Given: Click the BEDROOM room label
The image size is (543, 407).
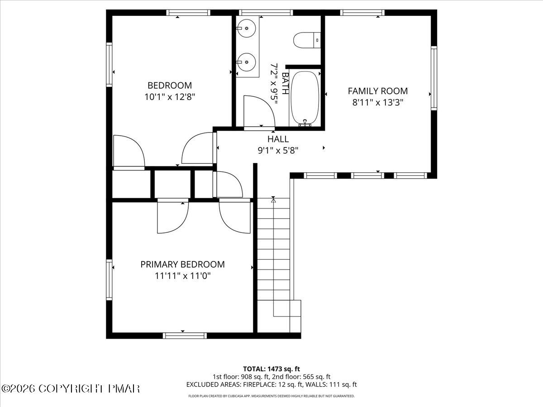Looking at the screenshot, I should pos(170,85).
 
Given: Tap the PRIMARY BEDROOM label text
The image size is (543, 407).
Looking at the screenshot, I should pos(182,265).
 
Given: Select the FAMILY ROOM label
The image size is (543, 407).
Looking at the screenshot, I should pos(377,91).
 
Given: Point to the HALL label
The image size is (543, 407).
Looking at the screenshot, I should pos(278,139).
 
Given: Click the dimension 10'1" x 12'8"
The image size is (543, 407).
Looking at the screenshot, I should pos(170,96).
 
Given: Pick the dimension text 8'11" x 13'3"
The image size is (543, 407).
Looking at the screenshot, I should pos(377,102).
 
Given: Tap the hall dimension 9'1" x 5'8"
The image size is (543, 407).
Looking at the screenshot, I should pos(278,151).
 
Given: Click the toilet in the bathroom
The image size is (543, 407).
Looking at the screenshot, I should pos(307,40).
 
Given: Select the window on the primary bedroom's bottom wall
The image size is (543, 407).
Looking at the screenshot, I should pos(185,335).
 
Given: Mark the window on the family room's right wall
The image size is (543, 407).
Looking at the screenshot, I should pos(434,78).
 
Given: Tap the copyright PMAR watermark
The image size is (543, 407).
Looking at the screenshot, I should pos(71,388).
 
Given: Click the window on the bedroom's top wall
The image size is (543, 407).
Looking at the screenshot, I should pos(188,13).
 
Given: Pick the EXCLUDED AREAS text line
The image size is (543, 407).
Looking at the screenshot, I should pos(271,384).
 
